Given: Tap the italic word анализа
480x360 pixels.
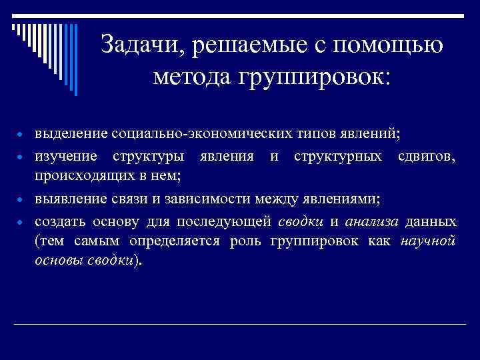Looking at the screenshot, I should [x=372, y=220].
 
